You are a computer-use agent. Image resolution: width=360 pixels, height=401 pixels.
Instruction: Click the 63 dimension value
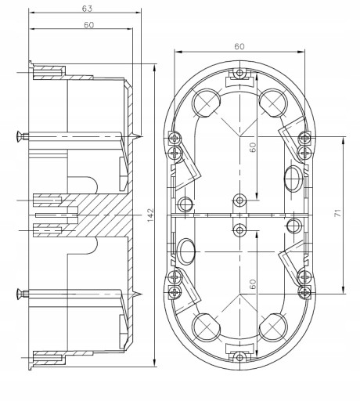coord(87,9)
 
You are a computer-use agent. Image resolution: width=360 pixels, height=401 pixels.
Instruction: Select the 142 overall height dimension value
coord(150,215)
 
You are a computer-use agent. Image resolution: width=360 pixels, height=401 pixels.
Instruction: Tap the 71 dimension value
coord(338,213)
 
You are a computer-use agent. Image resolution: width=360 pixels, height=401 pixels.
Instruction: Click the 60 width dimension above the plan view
coord(239,46)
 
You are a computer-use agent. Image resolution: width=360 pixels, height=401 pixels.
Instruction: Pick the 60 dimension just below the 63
coord(88,25)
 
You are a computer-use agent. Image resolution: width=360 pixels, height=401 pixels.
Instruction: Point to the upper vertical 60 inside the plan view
coord(253,147)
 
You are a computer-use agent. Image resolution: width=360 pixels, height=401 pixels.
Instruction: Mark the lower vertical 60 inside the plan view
coord(253,284)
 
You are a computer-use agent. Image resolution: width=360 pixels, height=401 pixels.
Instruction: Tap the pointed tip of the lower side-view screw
coord(142,294)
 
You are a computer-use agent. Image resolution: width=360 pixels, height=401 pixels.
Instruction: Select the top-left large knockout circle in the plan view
coord(207,103)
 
